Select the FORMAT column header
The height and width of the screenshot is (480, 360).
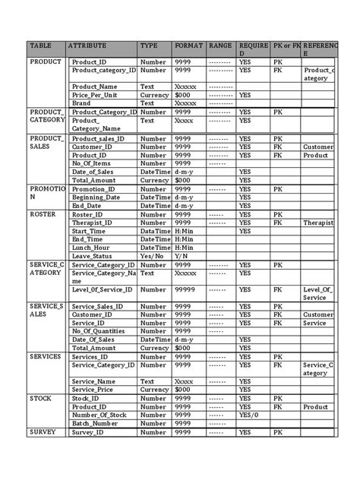[188, 46]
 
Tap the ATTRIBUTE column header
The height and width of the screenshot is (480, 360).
[87, 46]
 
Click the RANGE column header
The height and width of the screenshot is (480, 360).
[220, 46]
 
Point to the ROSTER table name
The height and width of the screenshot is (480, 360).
[43, 214]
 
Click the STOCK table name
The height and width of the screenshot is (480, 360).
[41, 398]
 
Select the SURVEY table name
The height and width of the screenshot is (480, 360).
[43, 431]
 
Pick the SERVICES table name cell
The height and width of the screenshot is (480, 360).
[46, 355]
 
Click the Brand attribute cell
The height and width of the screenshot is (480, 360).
[81, 103]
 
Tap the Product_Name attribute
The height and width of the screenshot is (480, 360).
[94, 87]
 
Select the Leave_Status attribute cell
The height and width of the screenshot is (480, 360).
[93, 256]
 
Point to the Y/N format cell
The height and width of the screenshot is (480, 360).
[182, 256]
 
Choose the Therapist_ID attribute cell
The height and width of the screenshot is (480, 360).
[92, 223]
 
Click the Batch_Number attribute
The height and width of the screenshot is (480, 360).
[95, 423]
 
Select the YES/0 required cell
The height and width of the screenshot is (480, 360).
[248, 415]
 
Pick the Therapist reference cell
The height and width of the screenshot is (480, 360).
[317, 223]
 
